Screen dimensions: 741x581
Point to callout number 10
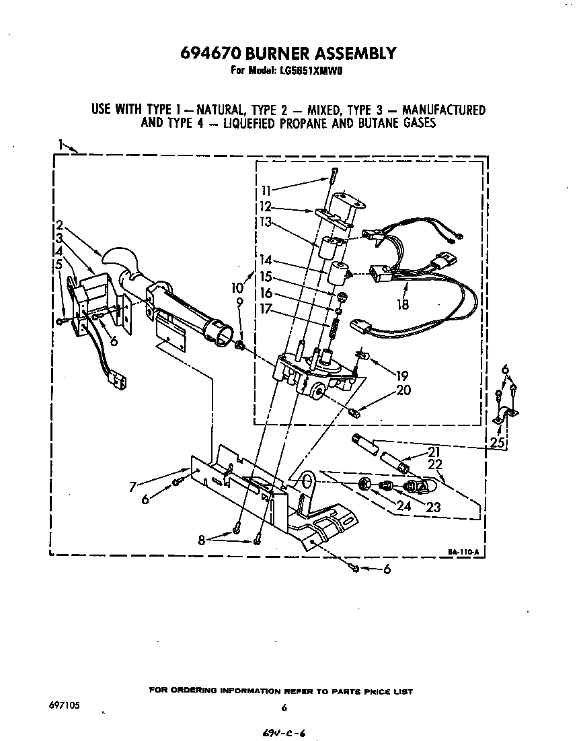[236, 287]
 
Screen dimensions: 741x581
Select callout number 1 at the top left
[61, 143]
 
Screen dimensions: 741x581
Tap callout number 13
[266, 221]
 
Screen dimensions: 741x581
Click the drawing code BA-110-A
[463, 553]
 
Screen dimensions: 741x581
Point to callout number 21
[434, 452]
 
